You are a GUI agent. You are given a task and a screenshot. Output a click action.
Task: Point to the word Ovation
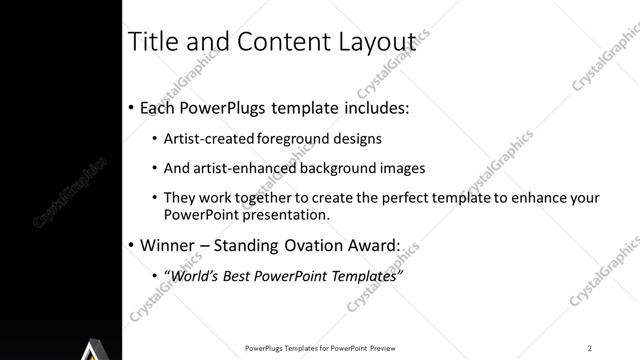[x=310, y=244]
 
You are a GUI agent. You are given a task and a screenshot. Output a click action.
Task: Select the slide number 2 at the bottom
[x=590, y=347]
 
